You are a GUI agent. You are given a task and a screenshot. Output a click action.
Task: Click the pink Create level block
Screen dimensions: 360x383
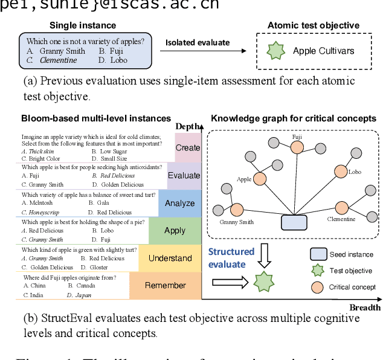[187, 148]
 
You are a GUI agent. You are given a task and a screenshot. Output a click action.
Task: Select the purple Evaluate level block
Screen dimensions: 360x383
[184, 176]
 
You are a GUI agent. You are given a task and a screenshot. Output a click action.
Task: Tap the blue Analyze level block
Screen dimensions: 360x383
[179, 204]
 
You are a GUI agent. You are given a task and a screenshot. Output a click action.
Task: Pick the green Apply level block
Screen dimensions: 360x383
[175, 231]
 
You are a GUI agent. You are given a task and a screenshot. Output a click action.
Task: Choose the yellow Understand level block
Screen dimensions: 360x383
[170, 258]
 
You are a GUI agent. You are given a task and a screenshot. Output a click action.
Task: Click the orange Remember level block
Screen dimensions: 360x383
[165, 286]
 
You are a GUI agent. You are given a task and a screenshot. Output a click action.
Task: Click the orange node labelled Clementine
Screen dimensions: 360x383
[343, 208]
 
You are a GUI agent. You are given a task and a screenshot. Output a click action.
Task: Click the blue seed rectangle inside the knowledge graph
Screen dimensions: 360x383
[294, 222]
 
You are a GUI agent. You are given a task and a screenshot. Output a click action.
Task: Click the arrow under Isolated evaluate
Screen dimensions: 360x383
[207, 52]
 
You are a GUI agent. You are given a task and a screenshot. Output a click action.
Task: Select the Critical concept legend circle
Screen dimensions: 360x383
[318, 287]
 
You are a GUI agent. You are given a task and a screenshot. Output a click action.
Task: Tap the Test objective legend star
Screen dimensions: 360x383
[318, 271]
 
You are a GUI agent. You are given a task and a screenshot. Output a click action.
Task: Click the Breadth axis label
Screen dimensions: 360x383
[365, 307]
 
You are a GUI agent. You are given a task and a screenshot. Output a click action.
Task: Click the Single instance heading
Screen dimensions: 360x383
[83, 25]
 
